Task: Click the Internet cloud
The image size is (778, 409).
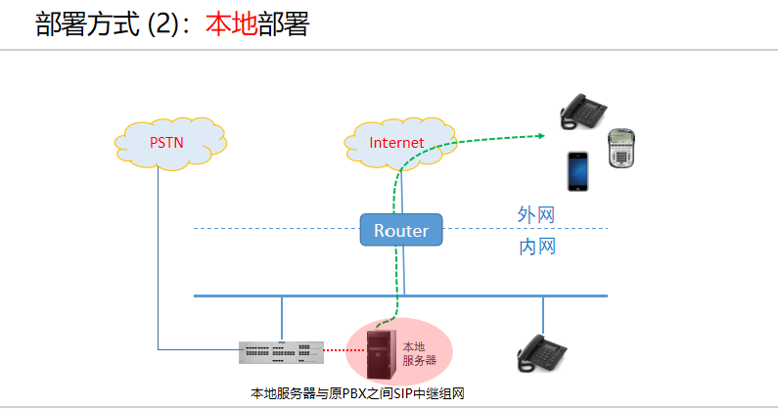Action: (x=396, y=143)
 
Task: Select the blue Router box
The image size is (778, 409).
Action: (x=401, y=231)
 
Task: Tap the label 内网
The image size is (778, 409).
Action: (x=536, y=247)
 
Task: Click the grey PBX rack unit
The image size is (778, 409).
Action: (x=281, y=351)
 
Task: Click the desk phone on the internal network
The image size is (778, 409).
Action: (x=542, y=353)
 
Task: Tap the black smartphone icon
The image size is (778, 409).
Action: (x=577, y=171)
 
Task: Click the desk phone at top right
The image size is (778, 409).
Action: (x=586, y=110)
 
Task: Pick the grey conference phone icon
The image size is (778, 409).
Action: (x=622, y=149)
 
